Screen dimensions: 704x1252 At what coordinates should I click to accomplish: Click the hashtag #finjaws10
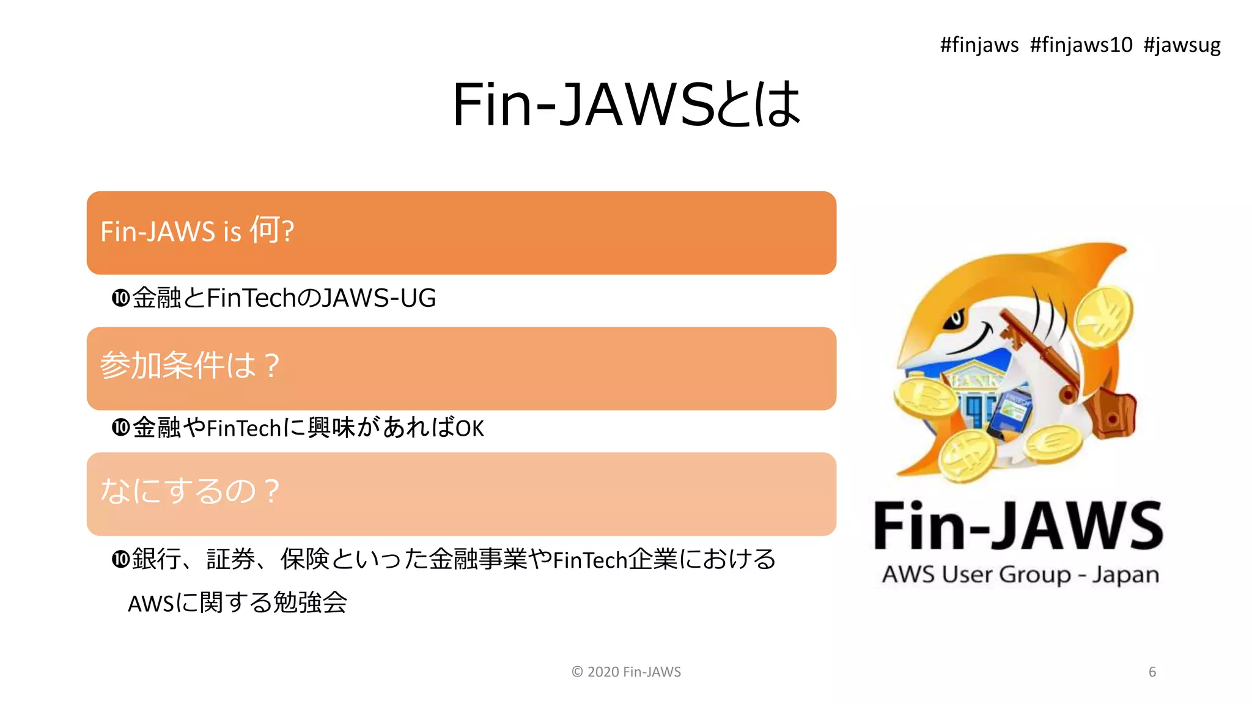click(x=1081, y=45)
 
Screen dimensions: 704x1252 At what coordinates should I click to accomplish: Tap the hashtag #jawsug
click(x=1182, y=45)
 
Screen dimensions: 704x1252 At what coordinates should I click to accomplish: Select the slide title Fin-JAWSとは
click(x=626, y=105)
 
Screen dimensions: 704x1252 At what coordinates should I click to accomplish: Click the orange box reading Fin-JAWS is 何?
click(x=461, y=233)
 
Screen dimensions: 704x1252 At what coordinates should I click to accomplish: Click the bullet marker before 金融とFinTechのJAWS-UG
click(x=120, y=298)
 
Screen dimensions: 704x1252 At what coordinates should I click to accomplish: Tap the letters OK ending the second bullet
click(x=469, y=428)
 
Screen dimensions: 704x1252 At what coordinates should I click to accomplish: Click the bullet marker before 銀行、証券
click(x=120, y=559)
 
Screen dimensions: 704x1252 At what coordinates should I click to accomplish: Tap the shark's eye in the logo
click(x=954, y=319)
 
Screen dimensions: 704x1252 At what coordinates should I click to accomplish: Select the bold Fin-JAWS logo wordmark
click(x=1018, y=526)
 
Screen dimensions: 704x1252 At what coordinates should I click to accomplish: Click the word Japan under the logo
click(x=1125, y=575)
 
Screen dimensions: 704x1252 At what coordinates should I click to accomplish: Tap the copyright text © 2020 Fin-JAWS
click(x=626, y=672)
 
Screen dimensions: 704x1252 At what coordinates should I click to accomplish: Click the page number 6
click(x=1152, y=672)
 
